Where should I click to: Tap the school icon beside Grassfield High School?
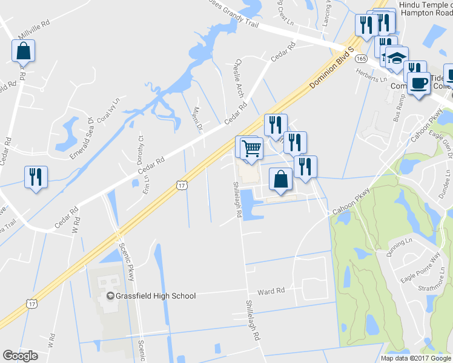coord(110,296)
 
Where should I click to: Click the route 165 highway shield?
coord(362,58)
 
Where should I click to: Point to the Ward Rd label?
coord(271,291)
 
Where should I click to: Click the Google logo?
coord(20,356)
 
